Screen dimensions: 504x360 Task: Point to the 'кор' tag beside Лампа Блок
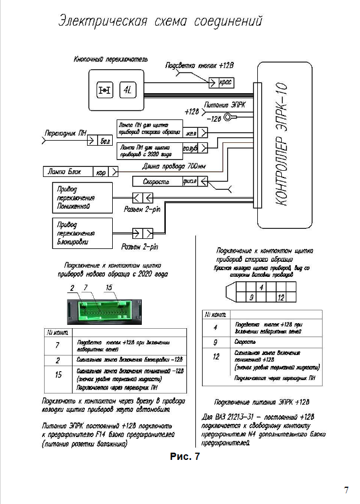point(102,172)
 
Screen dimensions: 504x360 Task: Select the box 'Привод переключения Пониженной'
point(80,198)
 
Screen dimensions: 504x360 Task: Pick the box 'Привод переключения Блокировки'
point(80,233)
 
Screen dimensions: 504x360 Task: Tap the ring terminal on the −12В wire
point(228,117)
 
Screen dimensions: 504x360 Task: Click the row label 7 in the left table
point(57,345)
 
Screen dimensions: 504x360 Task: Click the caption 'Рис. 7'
point(184,457)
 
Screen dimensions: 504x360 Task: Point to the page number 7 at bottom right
point(346,491)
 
